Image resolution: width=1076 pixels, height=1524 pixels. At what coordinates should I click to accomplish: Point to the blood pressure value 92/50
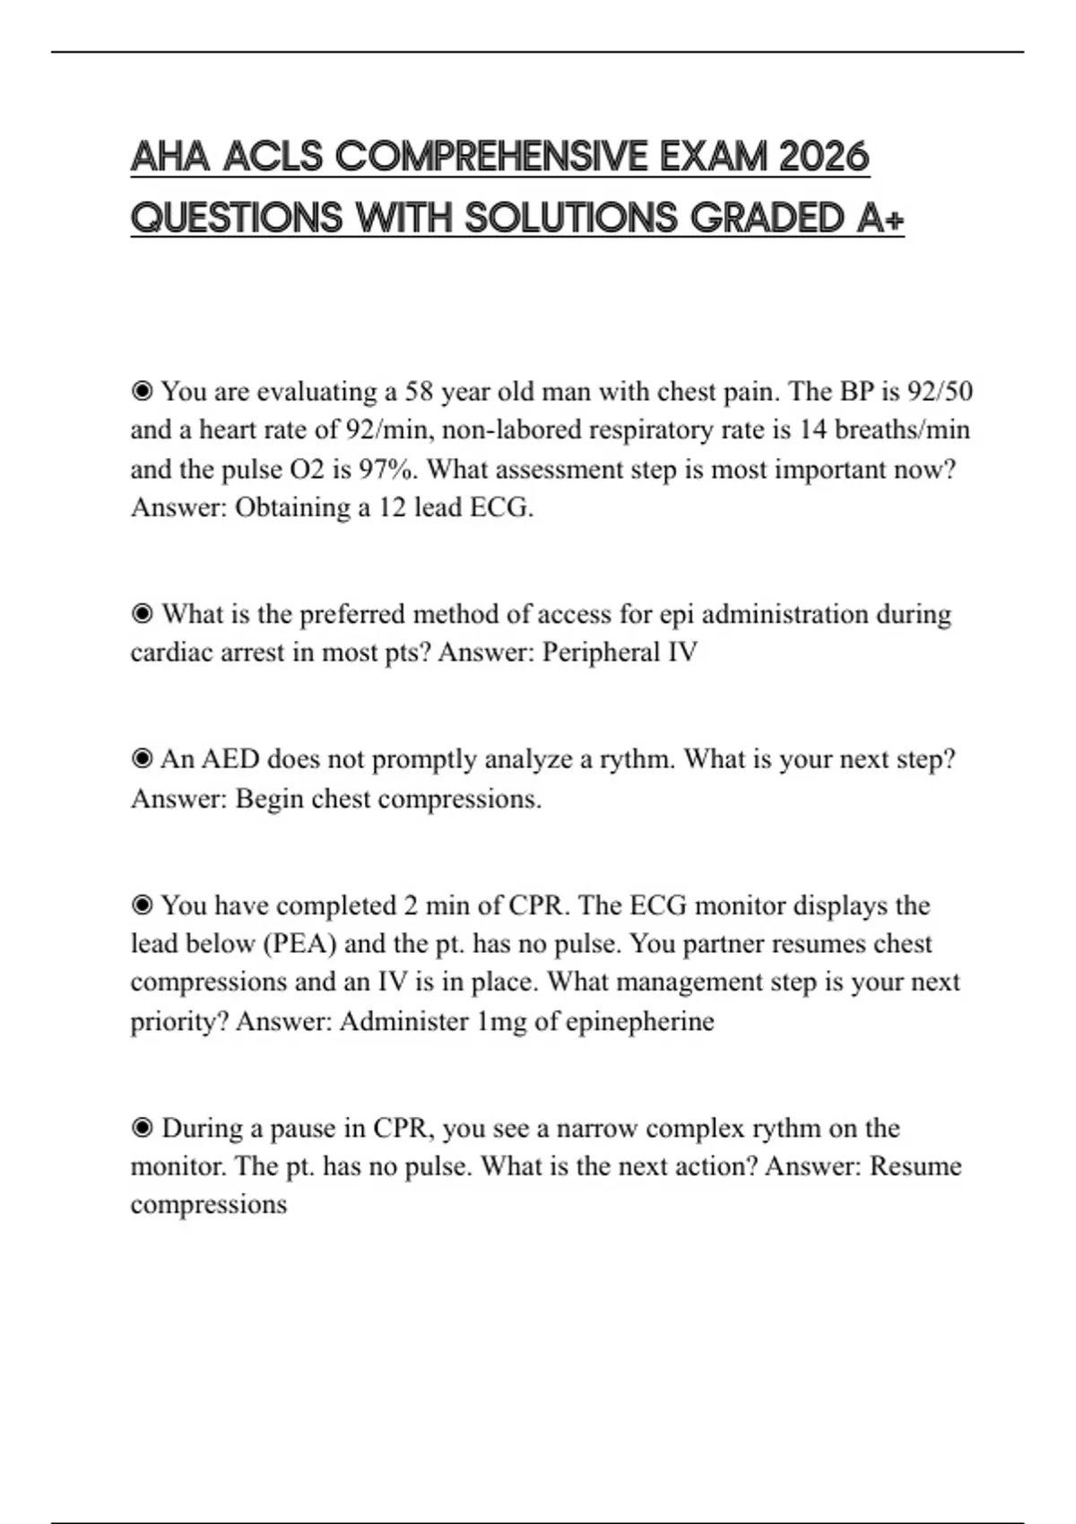point(940,392)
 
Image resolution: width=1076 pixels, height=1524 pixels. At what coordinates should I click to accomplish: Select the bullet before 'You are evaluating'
point(142,392)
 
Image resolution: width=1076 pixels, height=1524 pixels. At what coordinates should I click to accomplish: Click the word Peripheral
point(602,652)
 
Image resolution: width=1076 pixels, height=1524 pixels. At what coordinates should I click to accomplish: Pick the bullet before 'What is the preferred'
point(142,614)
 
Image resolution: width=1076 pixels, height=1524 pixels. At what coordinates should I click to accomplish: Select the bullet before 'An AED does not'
point(142,759)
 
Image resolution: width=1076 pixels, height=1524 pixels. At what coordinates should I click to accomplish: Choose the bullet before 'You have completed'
point(142,905)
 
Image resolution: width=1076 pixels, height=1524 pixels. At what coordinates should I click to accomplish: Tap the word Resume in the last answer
point(915,1166)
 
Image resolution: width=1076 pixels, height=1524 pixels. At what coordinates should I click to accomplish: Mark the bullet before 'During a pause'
point(142,1128)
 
